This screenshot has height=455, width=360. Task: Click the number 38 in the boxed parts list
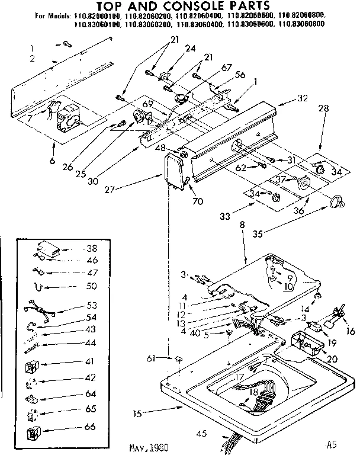tap(91, 249)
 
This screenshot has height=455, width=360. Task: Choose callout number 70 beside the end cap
tap(198, 201)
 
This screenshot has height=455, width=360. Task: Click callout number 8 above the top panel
tap(243, 226)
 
